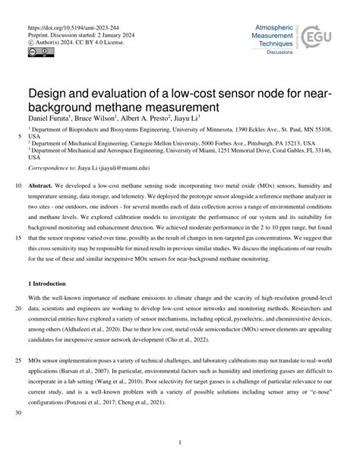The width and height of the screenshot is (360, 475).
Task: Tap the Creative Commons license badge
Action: (38, 51)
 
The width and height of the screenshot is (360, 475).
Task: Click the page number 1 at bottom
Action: (180, 442)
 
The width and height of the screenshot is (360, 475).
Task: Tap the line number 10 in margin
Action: (16, 185)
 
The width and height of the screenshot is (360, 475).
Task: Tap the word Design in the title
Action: (49, 93)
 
